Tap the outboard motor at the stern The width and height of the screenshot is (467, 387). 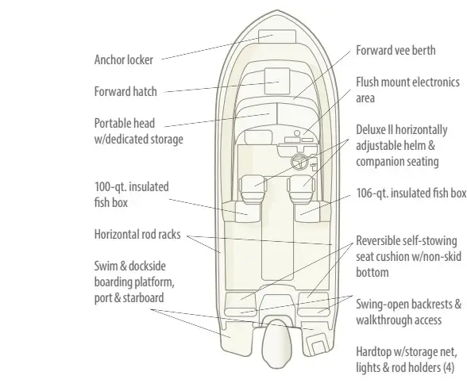(276, 343)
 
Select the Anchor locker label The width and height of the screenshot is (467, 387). (124, 59)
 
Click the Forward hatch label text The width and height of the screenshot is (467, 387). (125, 91)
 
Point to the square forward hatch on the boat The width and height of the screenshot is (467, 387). (277, 81)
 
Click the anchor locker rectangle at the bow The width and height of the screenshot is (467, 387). (277, 36)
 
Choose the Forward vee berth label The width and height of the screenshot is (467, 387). (396, 50)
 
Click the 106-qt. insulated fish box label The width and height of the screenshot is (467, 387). (411, 193)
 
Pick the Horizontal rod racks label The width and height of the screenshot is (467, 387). (137, 234)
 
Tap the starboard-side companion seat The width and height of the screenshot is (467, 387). (301, 188)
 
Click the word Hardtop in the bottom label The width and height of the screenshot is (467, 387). (373, 352)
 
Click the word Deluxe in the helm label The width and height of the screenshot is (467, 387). (371, 130)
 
